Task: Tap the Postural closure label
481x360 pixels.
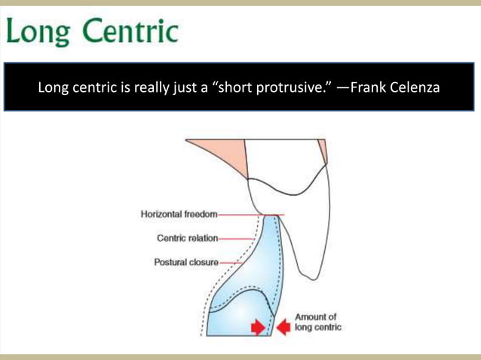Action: click(185, 262)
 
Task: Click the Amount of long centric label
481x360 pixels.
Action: click(317, 322)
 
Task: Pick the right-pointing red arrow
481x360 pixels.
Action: click(259, 327)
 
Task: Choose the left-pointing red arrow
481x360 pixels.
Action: click(283, 327)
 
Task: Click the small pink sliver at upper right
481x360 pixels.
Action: click(324, 152)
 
